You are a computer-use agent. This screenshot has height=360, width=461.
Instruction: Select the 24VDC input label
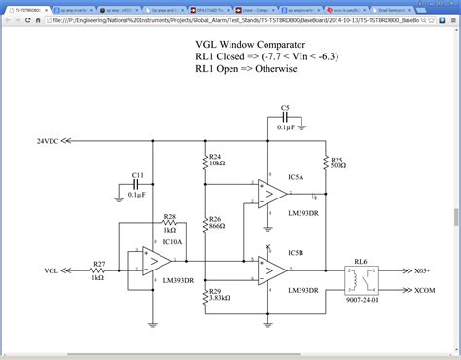click(52, 141)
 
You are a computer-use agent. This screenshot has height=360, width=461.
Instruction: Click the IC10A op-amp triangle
click(153, 261)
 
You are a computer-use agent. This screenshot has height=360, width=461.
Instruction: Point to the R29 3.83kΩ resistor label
click(218, 295)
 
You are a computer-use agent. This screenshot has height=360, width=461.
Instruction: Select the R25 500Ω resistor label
click(337, 161)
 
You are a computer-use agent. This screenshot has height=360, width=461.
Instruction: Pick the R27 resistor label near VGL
click(98, 270)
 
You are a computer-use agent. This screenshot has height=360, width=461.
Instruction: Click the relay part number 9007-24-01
click(362, 313)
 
